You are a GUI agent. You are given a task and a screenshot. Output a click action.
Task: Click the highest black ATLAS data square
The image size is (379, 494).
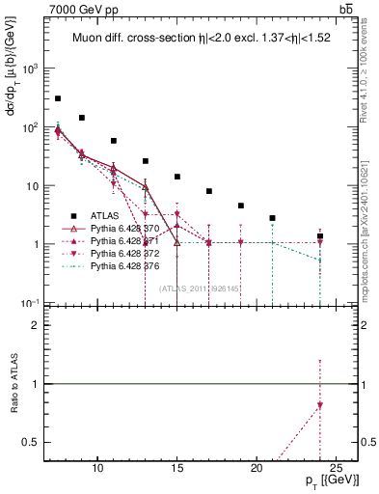58,98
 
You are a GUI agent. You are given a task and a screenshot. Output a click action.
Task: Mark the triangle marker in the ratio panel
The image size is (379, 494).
320,405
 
